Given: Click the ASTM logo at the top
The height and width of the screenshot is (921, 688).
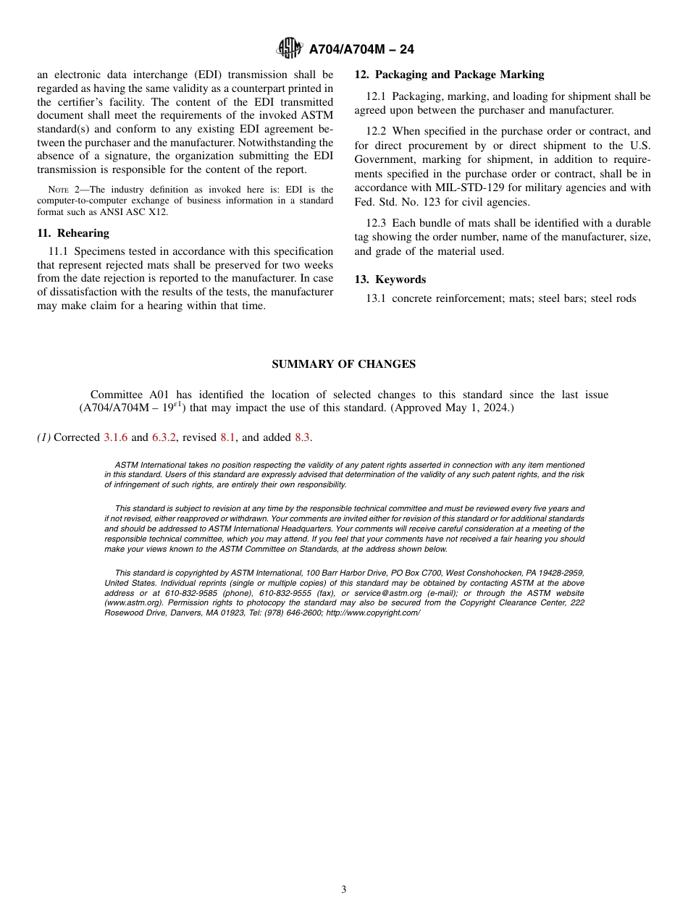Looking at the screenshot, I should [x=290, y=49].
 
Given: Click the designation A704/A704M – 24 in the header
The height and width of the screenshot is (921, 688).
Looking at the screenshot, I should [x=361, y=50].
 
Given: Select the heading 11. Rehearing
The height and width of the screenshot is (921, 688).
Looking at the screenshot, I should [x=73, y=233].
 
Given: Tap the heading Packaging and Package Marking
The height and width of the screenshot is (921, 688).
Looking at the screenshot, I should [x=459, y=75].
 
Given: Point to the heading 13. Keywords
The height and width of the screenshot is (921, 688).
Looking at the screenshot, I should [x=390, y=279].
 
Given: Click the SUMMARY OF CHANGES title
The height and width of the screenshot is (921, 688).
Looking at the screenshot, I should [x=343, y=364].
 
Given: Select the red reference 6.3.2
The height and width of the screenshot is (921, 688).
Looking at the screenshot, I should [x=164, y=437].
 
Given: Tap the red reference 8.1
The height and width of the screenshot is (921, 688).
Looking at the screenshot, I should [x=228, y=437].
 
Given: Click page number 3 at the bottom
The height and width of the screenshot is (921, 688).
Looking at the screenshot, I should [x=343, y=890].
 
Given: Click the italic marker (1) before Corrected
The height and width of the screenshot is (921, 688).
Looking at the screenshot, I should [x=43, y=437].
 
